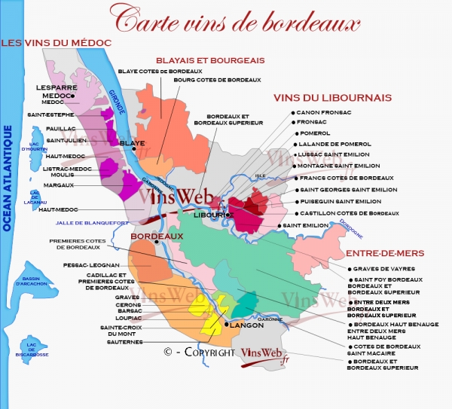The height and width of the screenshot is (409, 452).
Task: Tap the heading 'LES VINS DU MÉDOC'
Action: tap(56, 43)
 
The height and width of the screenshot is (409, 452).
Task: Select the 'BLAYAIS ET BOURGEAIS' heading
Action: tap(209, 60)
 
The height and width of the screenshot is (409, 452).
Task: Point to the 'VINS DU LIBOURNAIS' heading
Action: tap(331, 97)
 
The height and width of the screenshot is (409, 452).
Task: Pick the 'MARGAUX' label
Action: tap(58, 185)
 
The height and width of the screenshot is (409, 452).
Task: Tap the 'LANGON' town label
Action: tap(245, 326)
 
